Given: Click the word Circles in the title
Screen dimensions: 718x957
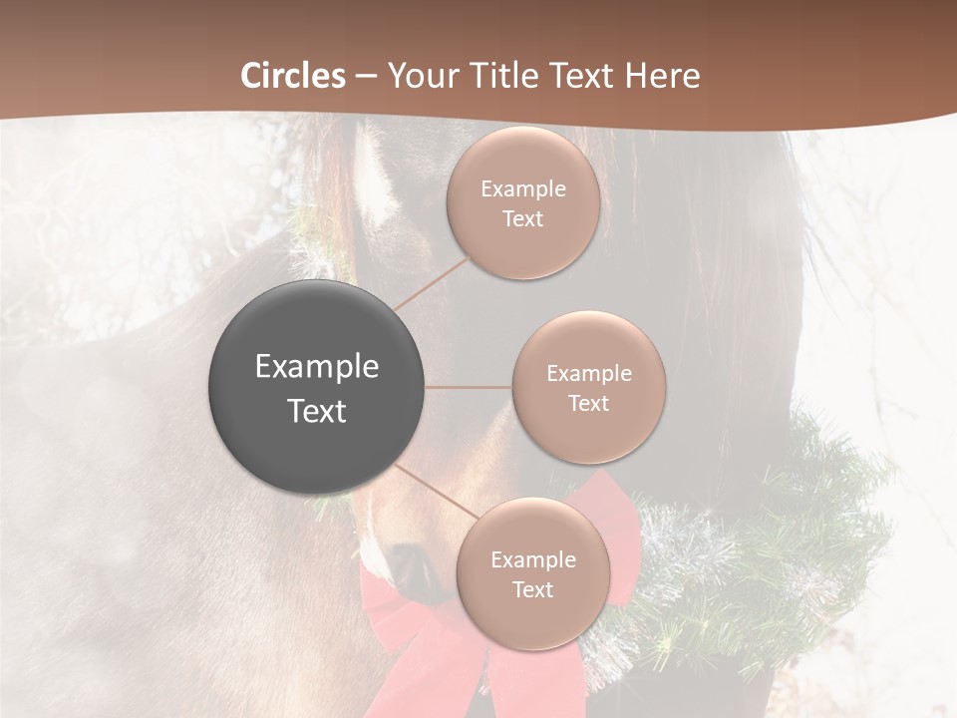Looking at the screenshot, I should click(292, 76).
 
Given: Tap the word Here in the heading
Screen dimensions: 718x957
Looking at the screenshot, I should click(663, 76).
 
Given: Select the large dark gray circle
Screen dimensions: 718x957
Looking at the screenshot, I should click(316, 388).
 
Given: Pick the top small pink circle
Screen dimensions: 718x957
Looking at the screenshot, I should click(522, 202).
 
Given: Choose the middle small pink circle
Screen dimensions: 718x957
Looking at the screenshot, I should click(588, 387).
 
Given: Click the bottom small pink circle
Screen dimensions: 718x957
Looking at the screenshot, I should click(532, 574).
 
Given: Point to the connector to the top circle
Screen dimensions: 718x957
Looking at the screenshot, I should click(431, 284).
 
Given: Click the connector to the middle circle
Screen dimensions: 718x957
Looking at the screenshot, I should click(468, 387).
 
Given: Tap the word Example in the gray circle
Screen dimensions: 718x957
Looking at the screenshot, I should click(316, 366).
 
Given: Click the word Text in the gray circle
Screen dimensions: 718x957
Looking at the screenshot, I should click(316, 411).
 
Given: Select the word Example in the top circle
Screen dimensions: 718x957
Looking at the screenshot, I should click(522, 188).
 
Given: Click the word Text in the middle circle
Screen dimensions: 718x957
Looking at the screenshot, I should click(588, 403).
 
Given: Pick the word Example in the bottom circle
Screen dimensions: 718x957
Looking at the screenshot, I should click(532, 559).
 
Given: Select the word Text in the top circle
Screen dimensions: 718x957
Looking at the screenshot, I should click(522, 218).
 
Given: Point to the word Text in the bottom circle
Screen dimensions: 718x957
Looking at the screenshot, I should click(532, 589).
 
